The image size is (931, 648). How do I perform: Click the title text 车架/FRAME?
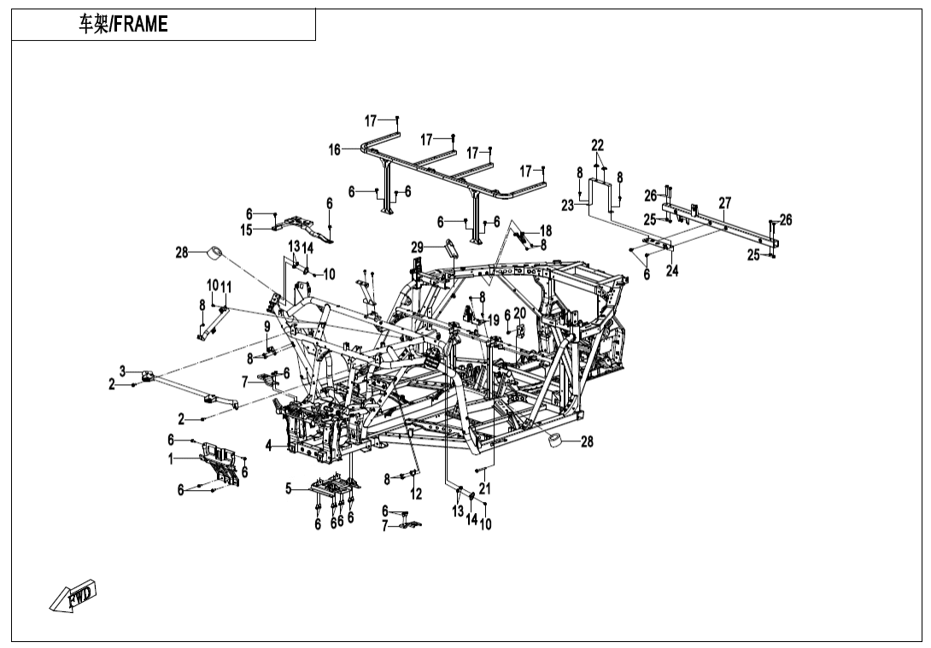(x=123, y=25)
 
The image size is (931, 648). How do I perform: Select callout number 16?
(x=335, y=149)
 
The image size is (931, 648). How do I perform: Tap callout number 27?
(x=724, y=203)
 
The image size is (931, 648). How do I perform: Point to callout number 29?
(x=417, y=247)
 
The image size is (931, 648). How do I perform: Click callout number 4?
(x=269, y=445)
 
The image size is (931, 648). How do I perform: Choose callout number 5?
(x=289, y=489)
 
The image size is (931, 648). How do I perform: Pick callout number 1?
(x=171, y=458)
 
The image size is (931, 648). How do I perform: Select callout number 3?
(x=123, y=371)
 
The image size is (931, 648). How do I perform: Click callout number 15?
(x=246, y=230)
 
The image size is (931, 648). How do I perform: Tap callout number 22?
(x=597, y=145)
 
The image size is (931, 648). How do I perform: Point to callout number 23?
(x=567, y=205)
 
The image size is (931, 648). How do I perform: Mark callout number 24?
(x=671, y=271)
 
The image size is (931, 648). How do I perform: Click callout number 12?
(x=416, y=494)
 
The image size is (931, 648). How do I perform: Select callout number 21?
(x=484, y=489)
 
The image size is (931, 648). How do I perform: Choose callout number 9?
(x=266, y=326)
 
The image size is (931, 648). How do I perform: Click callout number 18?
(x=546, y=231)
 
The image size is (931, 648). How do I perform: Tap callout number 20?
(x=519, y=314)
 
